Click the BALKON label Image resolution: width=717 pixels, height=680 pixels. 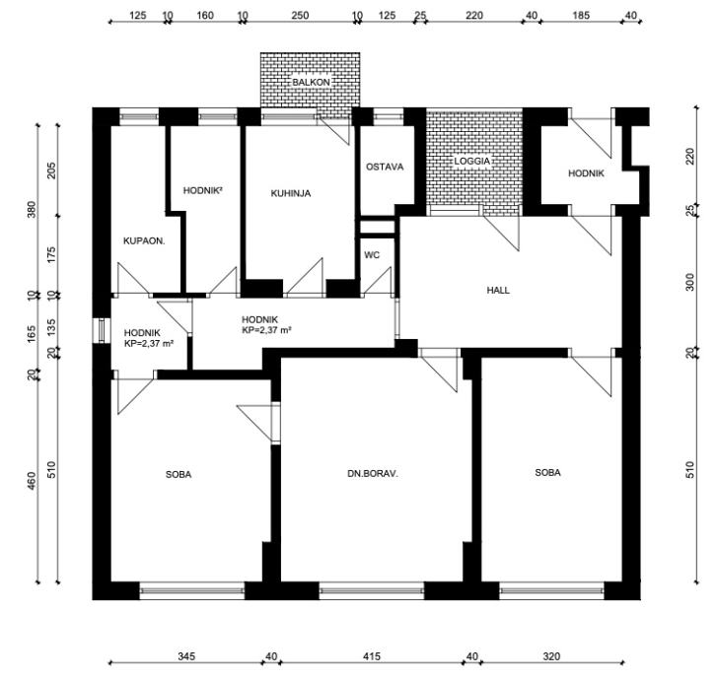click(x=311, y=82)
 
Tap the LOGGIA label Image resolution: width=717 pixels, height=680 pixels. click(x=471, y=161)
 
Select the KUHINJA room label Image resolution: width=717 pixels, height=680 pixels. click(x=291, y=193)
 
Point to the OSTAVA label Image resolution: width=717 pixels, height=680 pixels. click(x=385, y=167)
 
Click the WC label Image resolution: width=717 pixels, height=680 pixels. click(x=372, y=255)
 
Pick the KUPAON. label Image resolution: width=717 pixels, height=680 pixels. click(x=144, y=240)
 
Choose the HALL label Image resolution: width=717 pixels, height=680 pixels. click(x=498, y=290)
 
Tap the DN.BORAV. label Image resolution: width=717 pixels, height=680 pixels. click(x=373, y=474)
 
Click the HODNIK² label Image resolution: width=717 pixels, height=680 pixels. click(x=202, y=190)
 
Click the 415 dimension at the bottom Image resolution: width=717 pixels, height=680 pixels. click(x=372, y=656)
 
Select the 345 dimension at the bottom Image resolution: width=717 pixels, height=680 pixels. click(x=186, y=656)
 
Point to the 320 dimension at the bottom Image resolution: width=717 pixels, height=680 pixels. click(x=551, y=656)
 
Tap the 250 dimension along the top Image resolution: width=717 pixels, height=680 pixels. click(x=300, y=16)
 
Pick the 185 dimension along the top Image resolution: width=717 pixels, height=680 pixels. click(x=581, y=16)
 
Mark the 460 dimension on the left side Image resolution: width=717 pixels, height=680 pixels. click(x=32, y=480)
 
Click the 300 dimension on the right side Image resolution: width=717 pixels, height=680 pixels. click(x=690, y=282)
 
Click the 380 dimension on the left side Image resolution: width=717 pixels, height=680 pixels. click(x=32, y=209)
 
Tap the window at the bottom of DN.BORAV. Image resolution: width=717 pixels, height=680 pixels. click(x=372, y=591)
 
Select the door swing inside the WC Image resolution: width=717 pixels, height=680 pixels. click(x=378, y=282)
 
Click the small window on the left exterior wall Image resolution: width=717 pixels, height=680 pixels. click(x=102, y=329)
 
